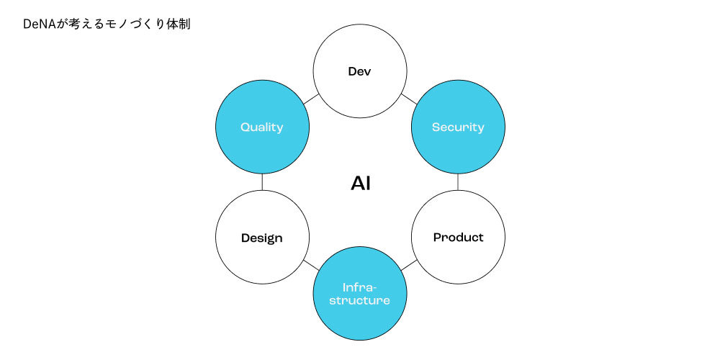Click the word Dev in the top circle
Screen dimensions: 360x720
[x=360, y=71]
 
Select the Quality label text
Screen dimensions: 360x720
[x=262, y=127]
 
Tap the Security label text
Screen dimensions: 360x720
[x=458, y=127]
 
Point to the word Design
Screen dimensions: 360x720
[x=262, y=238]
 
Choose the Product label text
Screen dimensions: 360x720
[x=458, y=237]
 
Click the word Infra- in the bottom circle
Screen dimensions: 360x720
[x=360, y=286]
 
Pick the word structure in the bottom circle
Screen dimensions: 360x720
[x=360, y=300]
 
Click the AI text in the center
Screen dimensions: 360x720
[x=361, y=184]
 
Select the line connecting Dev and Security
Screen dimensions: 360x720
[x=408, y=99]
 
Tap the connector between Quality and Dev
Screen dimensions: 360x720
[x=311, y=99]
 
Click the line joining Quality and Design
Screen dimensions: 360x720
[x=262, y=182]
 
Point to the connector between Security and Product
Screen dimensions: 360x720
[x=458, y=182]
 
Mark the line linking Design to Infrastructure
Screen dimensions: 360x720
[x=311, y=265]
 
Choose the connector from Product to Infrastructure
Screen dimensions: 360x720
[x=409, y=265]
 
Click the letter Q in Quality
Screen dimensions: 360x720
[x=245, y=127]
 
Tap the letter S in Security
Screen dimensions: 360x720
[x=436, y=127]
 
